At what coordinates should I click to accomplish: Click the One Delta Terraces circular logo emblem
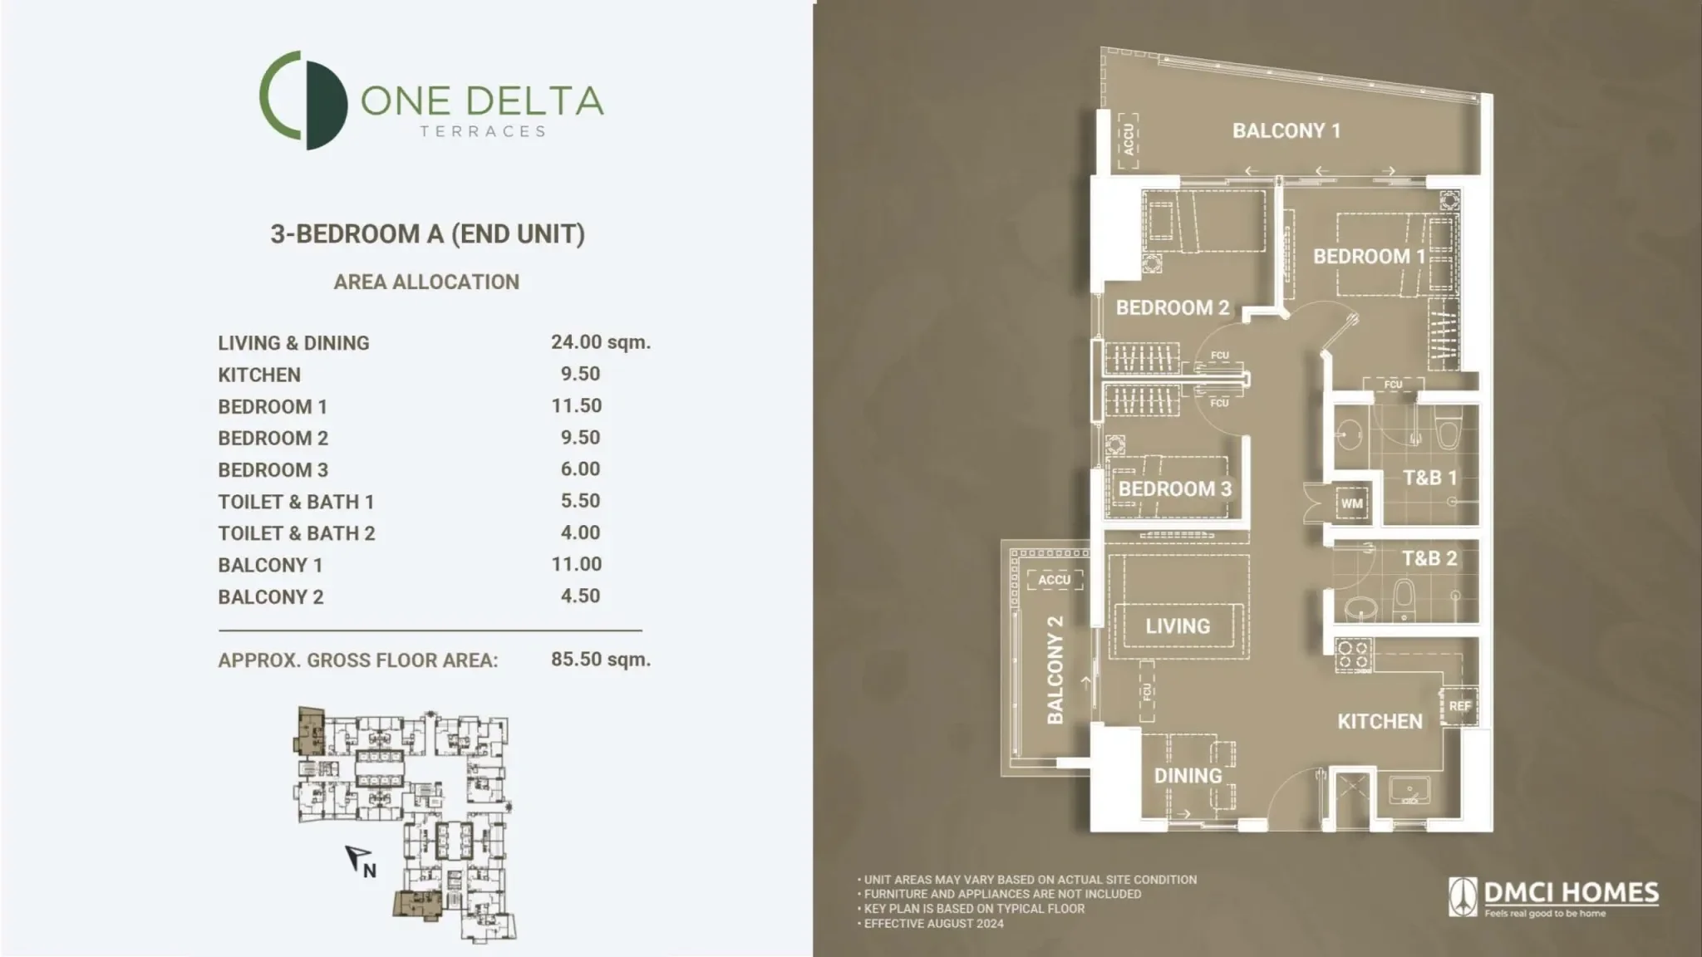303,101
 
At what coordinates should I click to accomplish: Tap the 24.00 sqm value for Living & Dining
600,341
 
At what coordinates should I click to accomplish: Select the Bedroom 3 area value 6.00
580,469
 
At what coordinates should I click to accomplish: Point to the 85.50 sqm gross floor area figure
600,660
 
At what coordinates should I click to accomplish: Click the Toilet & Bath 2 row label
297,533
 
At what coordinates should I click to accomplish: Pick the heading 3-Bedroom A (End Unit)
427,234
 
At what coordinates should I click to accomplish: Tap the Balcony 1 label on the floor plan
1286,130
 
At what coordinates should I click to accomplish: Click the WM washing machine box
1352,503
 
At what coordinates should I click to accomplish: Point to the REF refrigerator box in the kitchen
1459,706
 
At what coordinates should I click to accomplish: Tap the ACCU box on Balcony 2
1055,580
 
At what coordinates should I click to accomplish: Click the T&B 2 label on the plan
1429,558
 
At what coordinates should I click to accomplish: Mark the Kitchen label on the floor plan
1380,721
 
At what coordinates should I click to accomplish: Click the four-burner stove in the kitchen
1353,655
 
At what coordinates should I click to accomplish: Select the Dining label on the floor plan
1188,775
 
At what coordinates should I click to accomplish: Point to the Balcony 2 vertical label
1055,669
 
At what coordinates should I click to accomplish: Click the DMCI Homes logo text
1570,893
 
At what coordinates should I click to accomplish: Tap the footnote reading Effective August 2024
933,924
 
